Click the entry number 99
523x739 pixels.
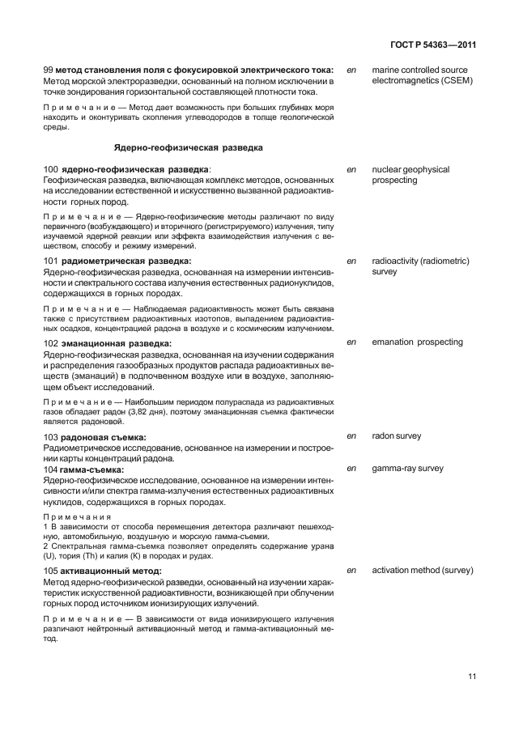click(48, 70)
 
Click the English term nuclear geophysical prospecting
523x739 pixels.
click(410, 175)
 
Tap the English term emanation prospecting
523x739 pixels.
click(417, 342)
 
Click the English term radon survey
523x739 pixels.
click(396, 436)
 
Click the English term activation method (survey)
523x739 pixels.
click(422, 571)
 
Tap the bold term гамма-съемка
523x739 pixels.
click(94, 469)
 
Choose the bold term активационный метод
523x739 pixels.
click(113, 571)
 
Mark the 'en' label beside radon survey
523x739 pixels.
click(351, 436)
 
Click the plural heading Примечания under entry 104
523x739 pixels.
click(79, 516)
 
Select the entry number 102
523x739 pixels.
click(50, 342)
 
